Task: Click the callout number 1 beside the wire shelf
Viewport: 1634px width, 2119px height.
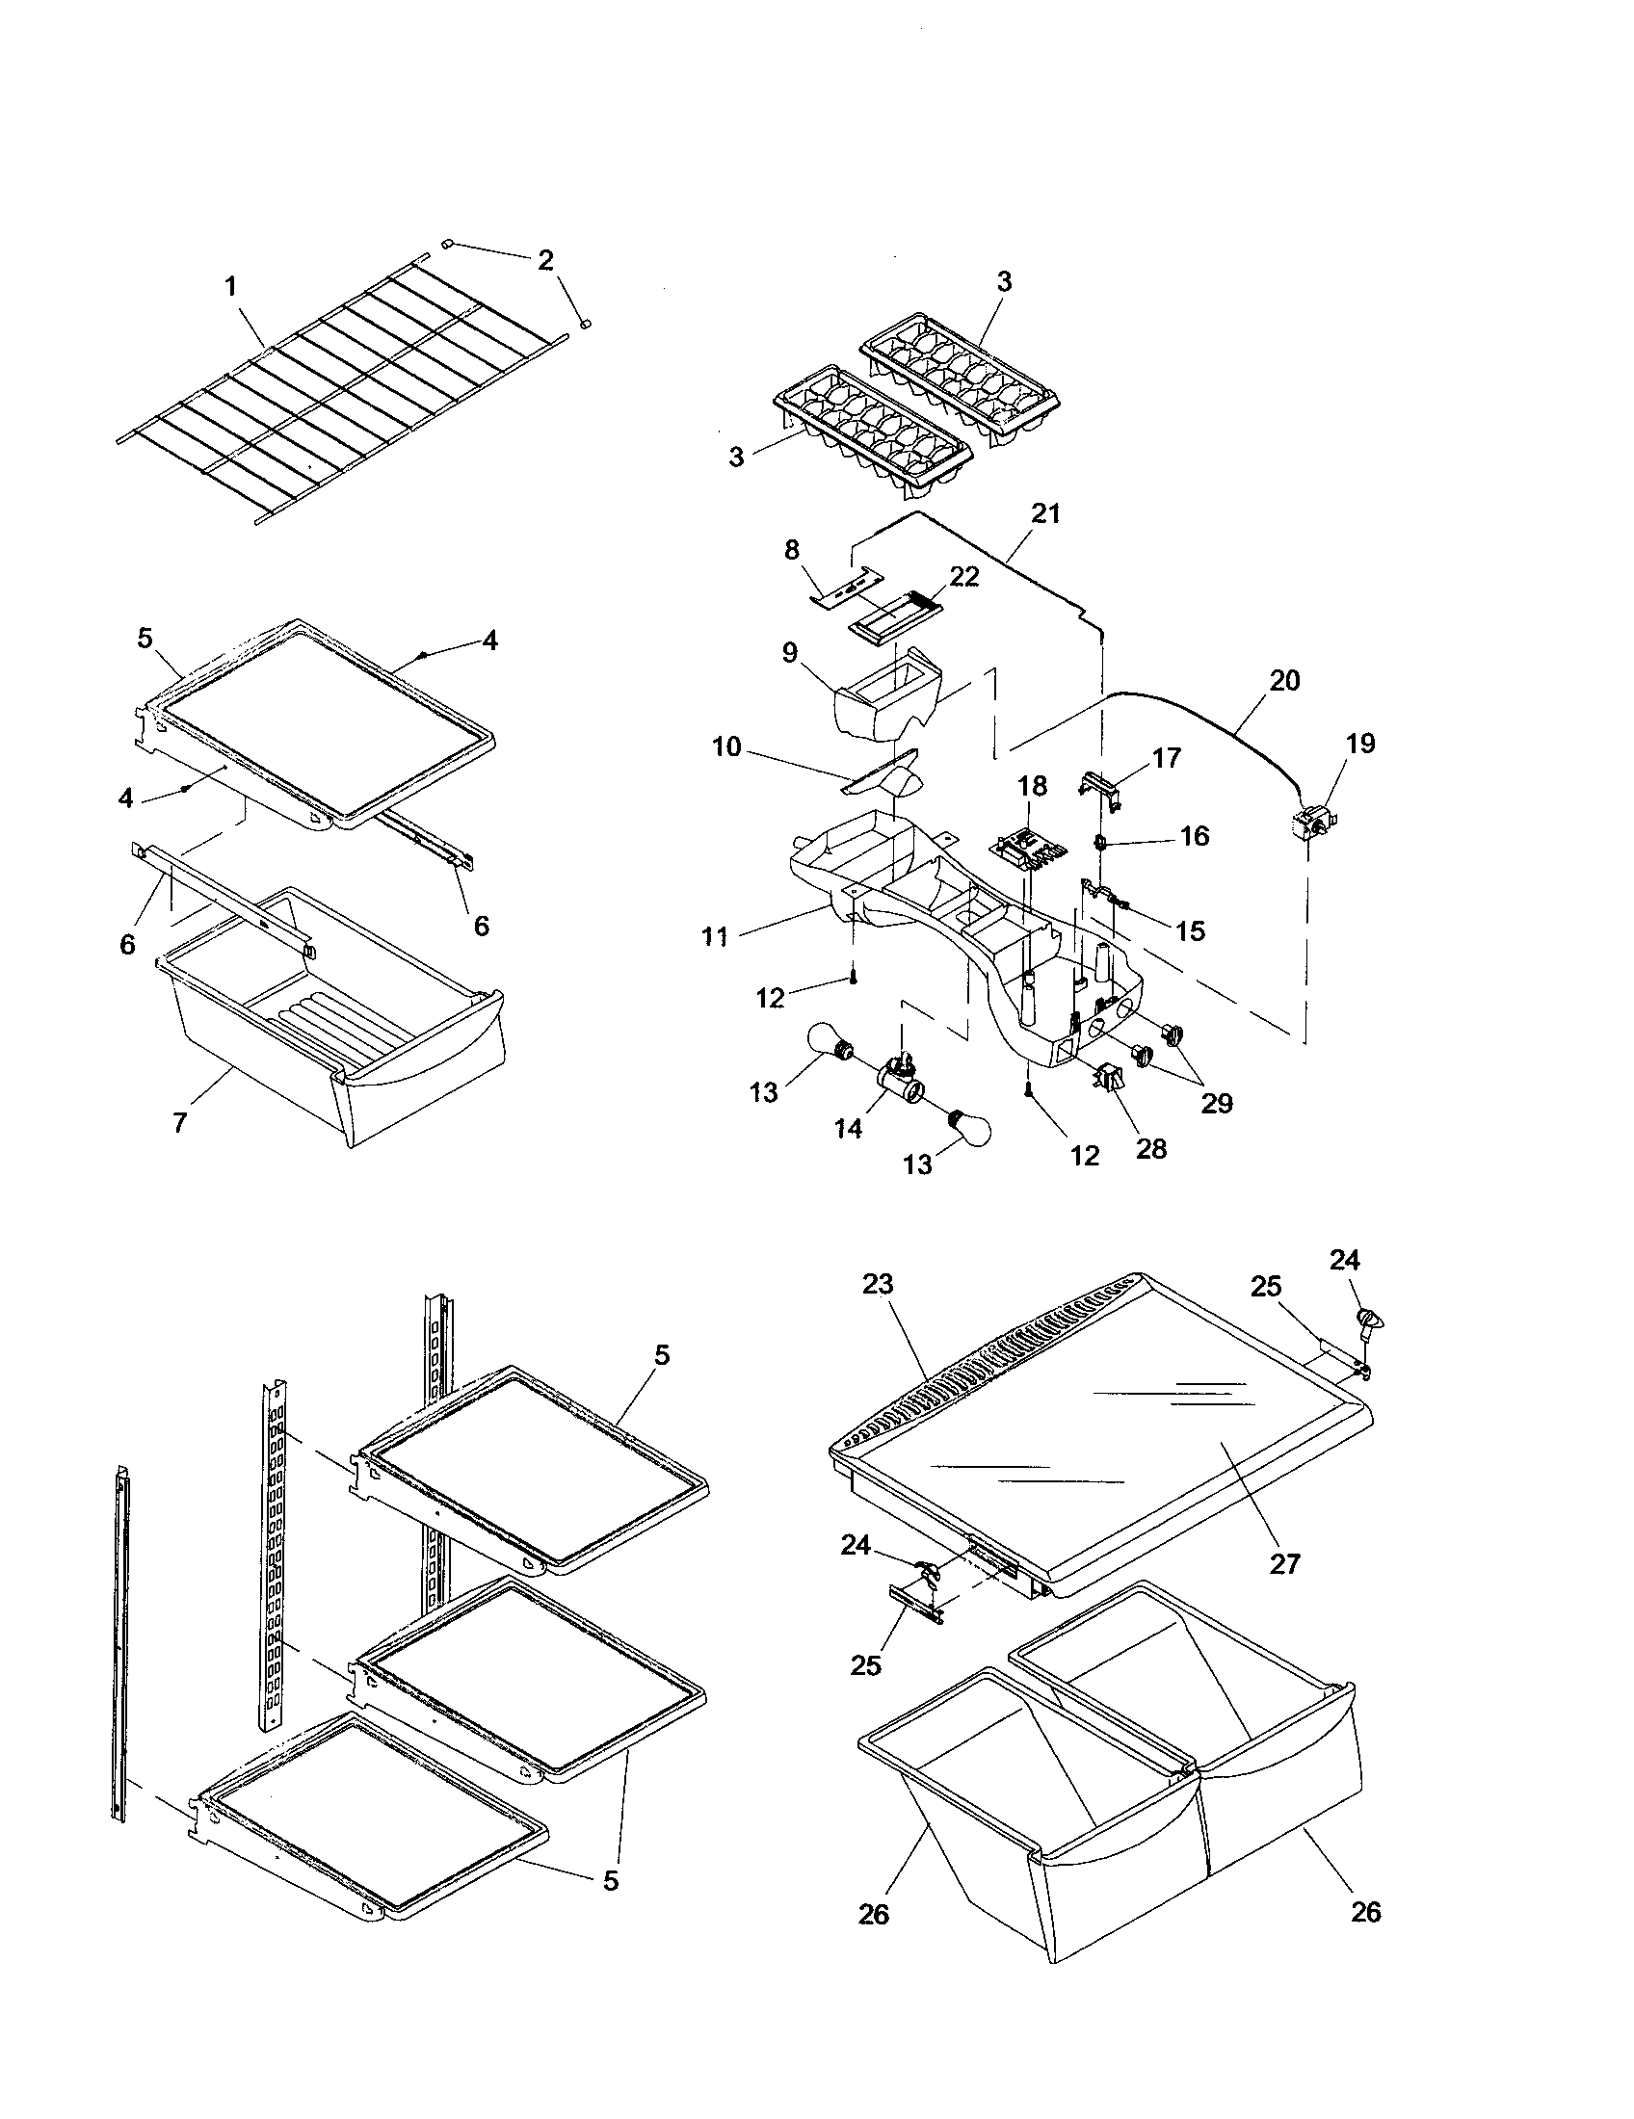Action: (230, 286)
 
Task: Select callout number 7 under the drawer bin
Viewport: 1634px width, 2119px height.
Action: (180, 1122)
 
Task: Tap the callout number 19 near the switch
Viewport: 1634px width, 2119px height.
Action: (1360, 744)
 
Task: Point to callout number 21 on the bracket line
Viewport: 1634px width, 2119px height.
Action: (1045, 513)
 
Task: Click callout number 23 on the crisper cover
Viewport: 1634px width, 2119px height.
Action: (877, 1285)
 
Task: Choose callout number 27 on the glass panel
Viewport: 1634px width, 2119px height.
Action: (1283, 1563)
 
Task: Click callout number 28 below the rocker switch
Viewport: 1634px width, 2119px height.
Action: (1150, 1149)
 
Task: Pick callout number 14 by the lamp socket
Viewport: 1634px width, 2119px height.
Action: (848, 1129)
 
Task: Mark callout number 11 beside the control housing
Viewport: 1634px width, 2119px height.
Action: (715, 936)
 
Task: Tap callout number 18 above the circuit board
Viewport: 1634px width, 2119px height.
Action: (1032, 786)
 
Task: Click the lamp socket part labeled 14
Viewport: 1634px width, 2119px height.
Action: (897, 1075)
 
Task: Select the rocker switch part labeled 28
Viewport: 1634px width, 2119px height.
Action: (1107, 1078)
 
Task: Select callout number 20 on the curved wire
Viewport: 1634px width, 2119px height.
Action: (1283, 680)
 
